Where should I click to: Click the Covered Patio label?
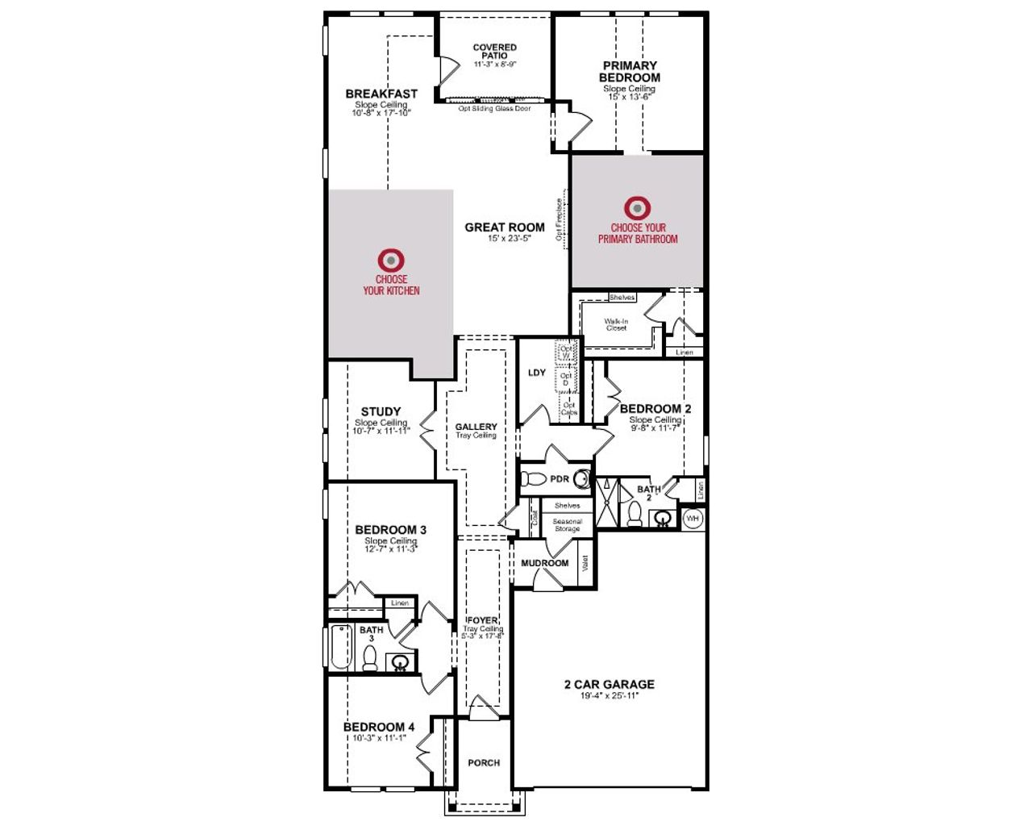(x=494, y=52)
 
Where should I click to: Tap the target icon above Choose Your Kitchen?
(x=391, y=261)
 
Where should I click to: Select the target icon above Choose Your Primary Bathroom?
(x=637, y=208)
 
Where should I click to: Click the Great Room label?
(x=505, y=227)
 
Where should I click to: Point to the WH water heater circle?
(x=693, y=519)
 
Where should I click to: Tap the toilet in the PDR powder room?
(x=533, y=479)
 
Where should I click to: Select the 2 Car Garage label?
(x=609, y=684)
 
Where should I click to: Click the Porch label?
(x=484, y=762)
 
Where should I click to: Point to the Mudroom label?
(x=544, y=563)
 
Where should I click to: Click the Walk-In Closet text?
(x=616, y=324)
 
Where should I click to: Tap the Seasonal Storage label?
(x=567, y=525)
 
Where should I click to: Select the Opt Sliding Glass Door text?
(x=494, y=109)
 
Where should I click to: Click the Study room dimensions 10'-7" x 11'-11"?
(x=381, y=431)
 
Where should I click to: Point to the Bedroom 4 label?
(x=379, y=727)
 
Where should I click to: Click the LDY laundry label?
(x=537, y=373)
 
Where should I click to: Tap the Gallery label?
(x=476, y=427)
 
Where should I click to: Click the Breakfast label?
(x=381, y=94)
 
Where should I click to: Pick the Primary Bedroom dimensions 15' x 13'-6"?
(x=630, y=97)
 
